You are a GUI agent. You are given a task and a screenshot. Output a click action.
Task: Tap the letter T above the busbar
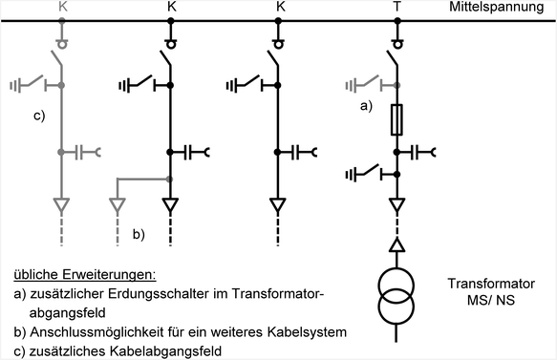pyautogui.click(x=396, y=7)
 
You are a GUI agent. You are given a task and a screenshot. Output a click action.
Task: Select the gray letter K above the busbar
pyautogui.click(x=63, y=7)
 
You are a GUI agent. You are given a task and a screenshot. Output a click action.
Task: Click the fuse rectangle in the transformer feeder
pyautogui.click(x=396, y=119)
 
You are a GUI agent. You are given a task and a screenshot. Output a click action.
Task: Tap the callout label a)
pyautogui.click(x=366, y=106)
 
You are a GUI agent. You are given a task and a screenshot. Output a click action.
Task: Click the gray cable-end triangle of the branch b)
pyautogui.click(x=118, y=204)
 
